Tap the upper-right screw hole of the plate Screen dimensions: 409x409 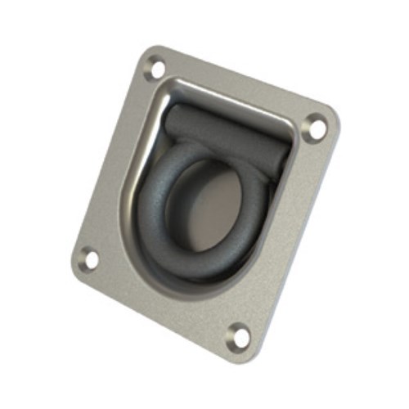(x=314, y=127)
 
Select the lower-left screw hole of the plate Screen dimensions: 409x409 (x=90, y=259)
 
